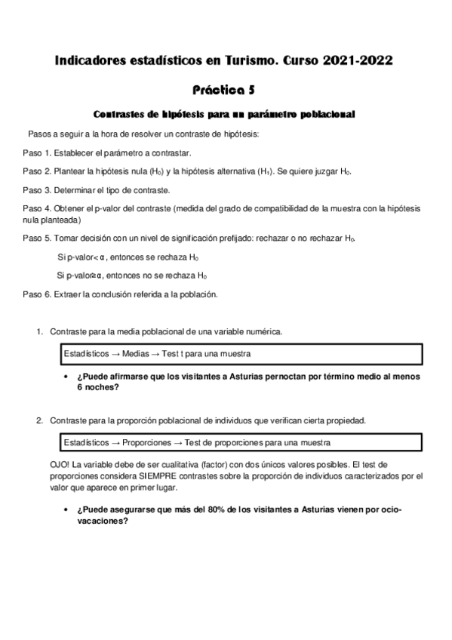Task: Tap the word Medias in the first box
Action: click(133, 353)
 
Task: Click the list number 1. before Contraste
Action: click(40, 331)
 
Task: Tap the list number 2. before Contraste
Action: click(40, 420)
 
